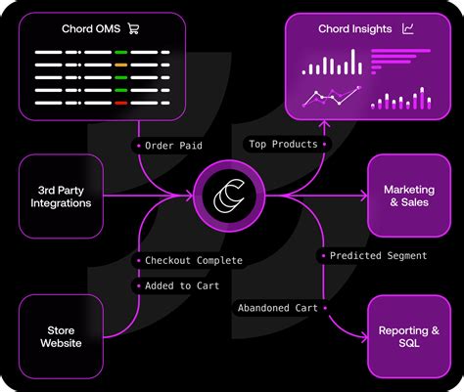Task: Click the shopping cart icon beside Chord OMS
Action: (x=133, y=28)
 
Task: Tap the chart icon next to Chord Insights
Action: (x=407, y=28)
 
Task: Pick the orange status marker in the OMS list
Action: (x=121, y=65)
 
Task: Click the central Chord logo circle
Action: (x=231, y=196)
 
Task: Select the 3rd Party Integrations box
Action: (x=61, y=196)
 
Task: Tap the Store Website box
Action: (x=61, y=336)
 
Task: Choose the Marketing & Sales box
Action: (x=408, y=196)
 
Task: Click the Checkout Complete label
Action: (x=193, y=260)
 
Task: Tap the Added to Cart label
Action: (x=181, y=285)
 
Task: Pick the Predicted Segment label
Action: (x=378, y=256)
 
